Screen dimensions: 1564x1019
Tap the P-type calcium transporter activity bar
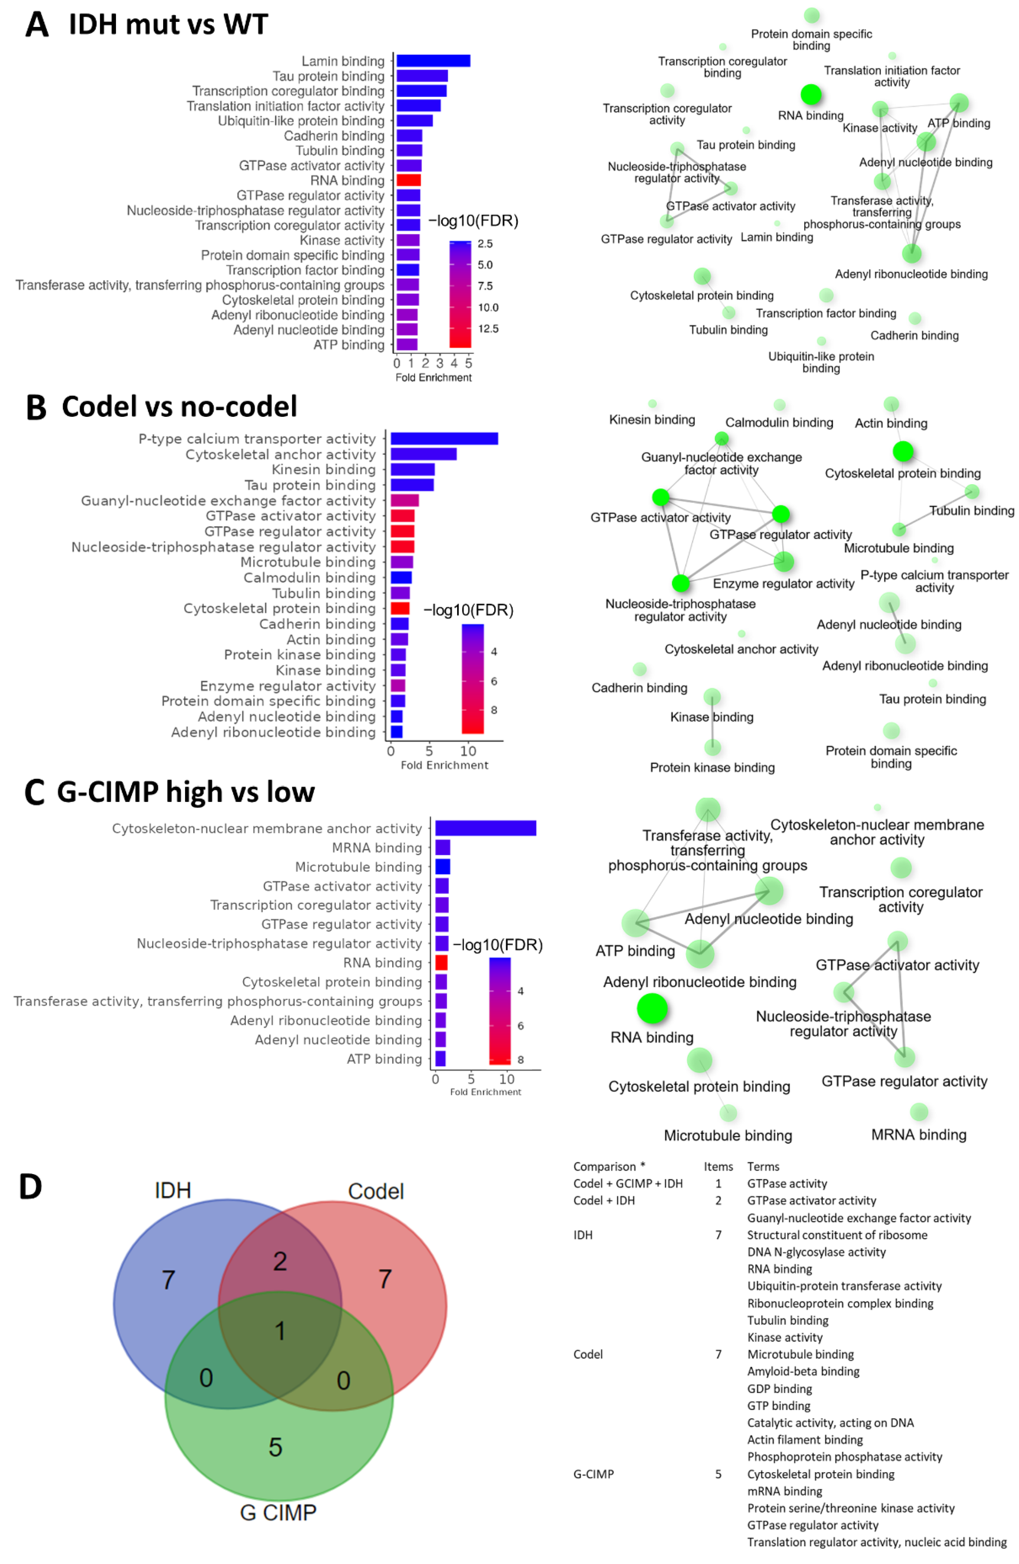444,438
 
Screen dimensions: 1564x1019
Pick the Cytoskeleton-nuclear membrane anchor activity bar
485,828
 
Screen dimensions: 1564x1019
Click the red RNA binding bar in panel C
441,962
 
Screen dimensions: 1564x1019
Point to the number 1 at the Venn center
280,1331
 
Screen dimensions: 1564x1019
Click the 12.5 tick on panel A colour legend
488,328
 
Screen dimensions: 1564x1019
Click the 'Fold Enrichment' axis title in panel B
444,765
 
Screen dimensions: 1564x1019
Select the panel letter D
30,1187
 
